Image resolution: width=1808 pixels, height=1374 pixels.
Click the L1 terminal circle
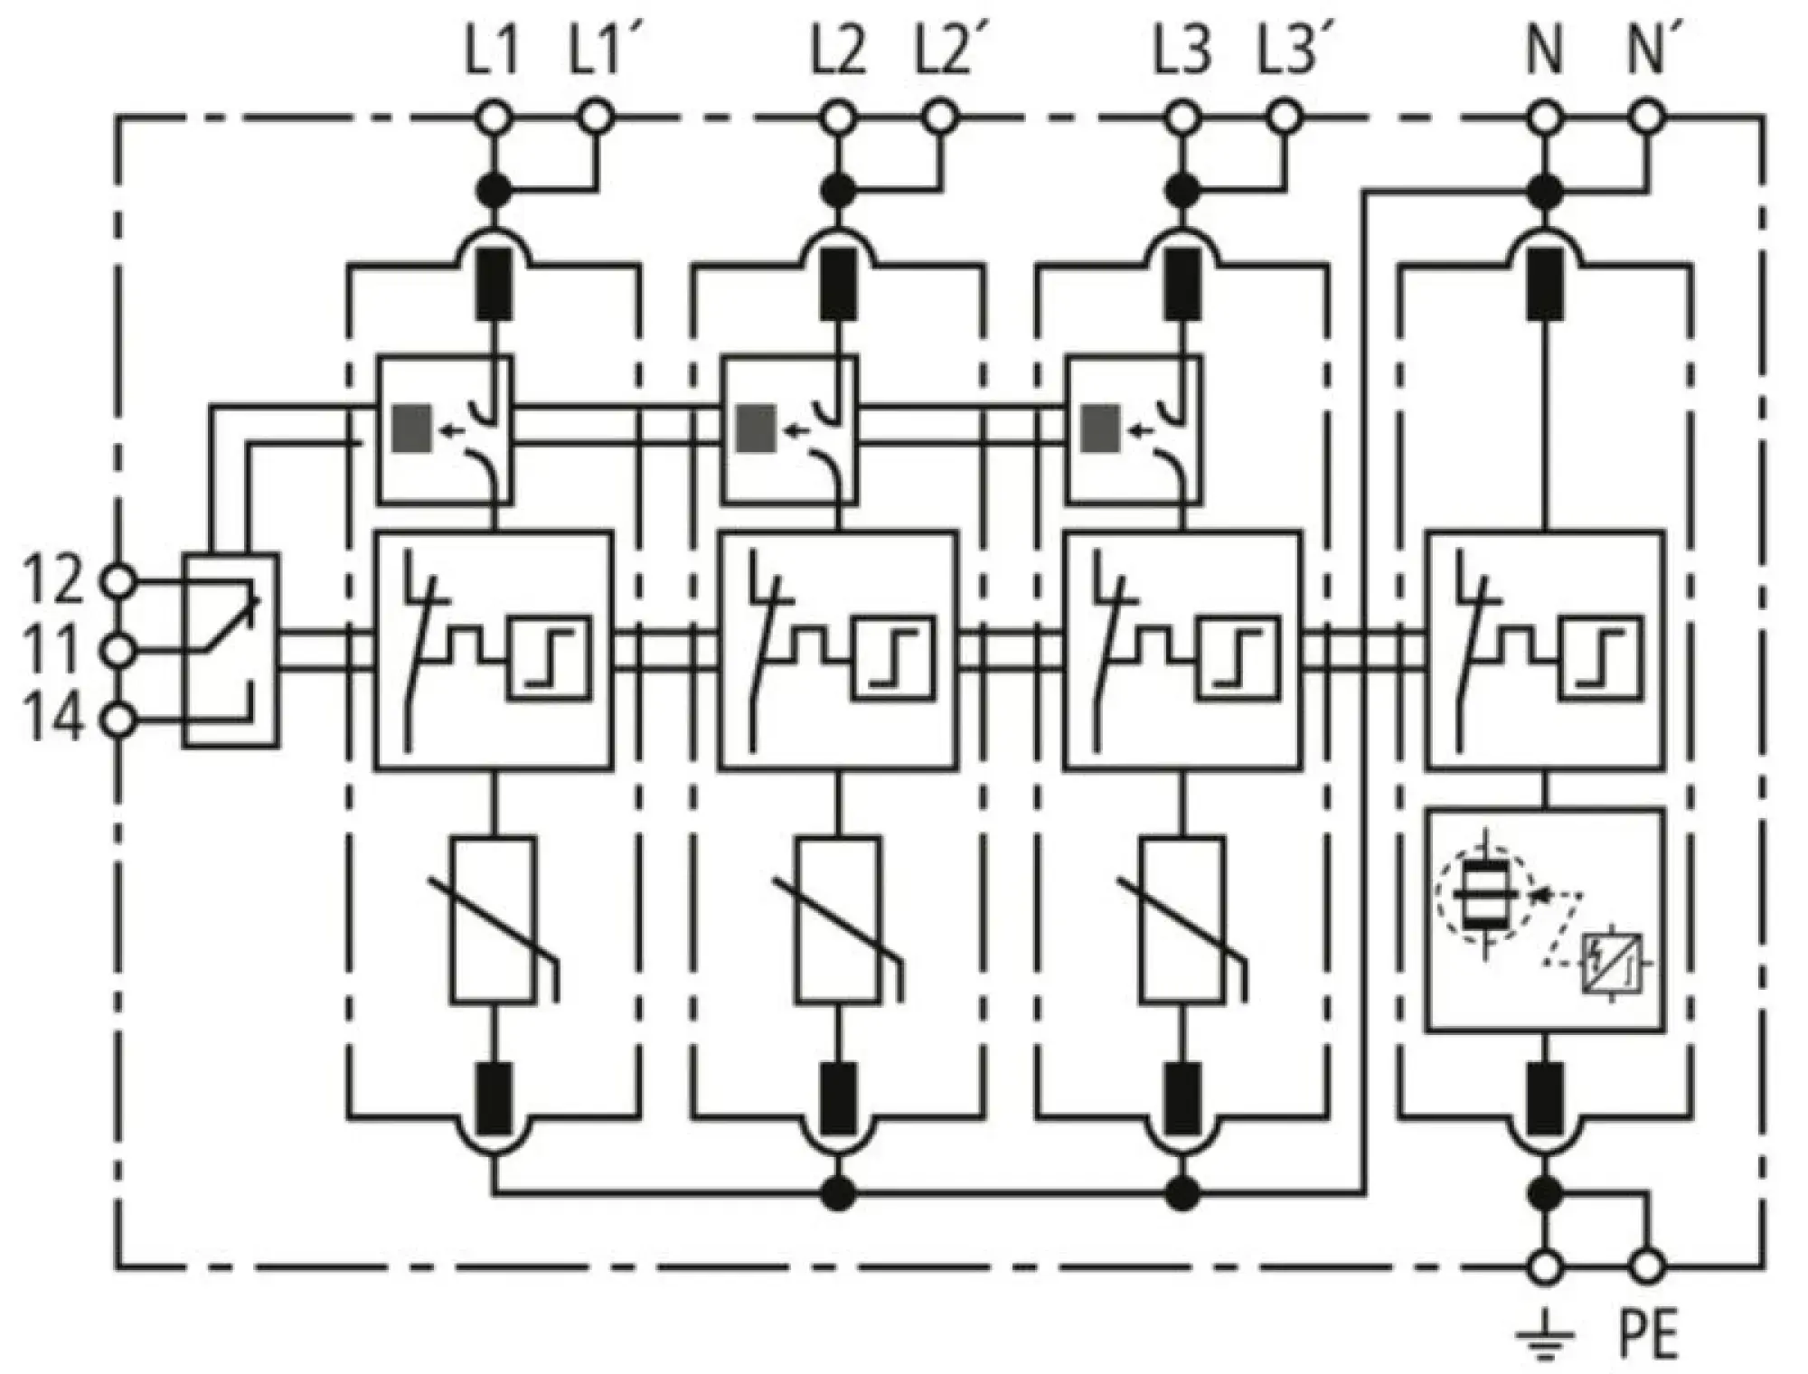[494, 117]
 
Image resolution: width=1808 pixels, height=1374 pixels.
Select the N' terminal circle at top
[1647, 117]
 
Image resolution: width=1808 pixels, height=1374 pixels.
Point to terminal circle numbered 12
[118, 581]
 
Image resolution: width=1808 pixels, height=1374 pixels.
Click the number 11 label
[54, 649]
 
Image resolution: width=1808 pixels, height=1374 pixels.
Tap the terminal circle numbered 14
[118, 720]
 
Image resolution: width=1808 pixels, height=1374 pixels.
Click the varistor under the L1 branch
[494, 919]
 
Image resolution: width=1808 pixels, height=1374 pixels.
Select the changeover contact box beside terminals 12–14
[230, 651]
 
